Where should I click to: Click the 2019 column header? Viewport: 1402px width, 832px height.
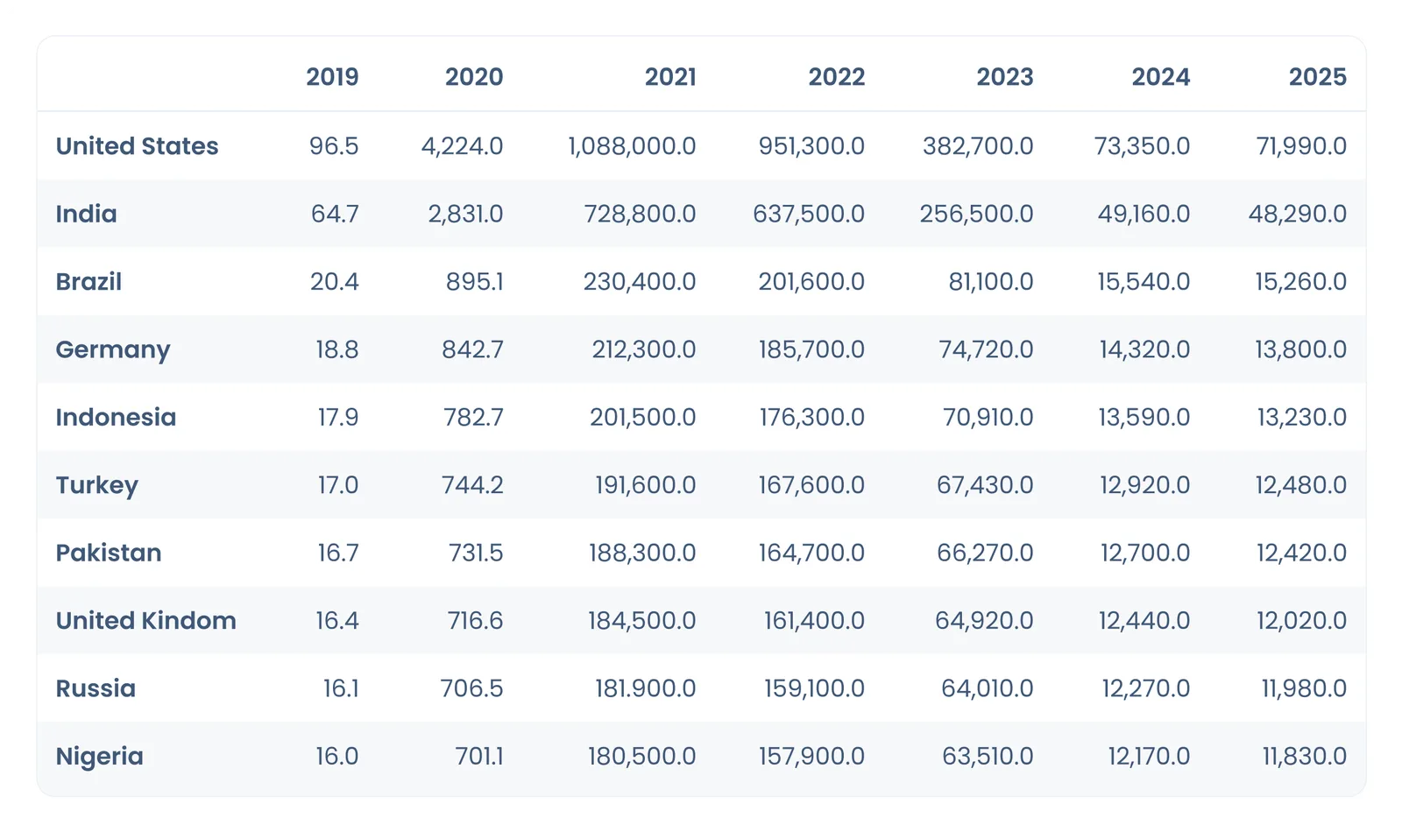(x=332, y=77)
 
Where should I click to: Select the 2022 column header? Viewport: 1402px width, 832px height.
(x=837, y=77)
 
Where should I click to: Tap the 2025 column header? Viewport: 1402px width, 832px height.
(x=1318, y=77)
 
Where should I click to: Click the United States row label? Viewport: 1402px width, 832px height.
(x=137, y=145)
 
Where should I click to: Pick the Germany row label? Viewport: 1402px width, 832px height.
(x=113, y=349)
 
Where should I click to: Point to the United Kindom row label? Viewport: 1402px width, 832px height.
(x=145, y=621)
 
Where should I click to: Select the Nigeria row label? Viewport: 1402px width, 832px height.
(x=100, y=757)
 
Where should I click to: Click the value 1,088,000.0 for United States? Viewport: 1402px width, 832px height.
(x=632, y=146)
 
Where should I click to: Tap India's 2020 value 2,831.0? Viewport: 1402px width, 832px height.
(x=465, y=214)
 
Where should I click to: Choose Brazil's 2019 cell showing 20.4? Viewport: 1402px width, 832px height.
(x=334, y=281)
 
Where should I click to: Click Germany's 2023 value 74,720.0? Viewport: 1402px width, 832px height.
(x=986, y=349)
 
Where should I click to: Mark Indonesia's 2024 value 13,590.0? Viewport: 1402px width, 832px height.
(x=1144, y=417)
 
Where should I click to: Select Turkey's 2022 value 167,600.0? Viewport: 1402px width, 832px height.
(x=811, y=485)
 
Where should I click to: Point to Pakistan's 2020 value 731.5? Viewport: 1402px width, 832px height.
(x=476, y=553)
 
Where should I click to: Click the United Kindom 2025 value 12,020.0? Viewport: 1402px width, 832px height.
(x=1302, y=621)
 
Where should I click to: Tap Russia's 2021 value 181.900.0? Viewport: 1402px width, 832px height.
(x=645, y=688)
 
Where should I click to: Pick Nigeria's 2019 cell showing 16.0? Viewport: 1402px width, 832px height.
(x=336, y=757)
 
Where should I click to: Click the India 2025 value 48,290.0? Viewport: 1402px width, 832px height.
(x=1298, y=214)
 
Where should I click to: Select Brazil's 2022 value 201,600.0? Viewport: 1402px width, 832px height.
(x=811, y=282)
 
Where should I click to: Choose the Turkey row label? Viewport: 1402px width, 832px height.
(x=97, y=485)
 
